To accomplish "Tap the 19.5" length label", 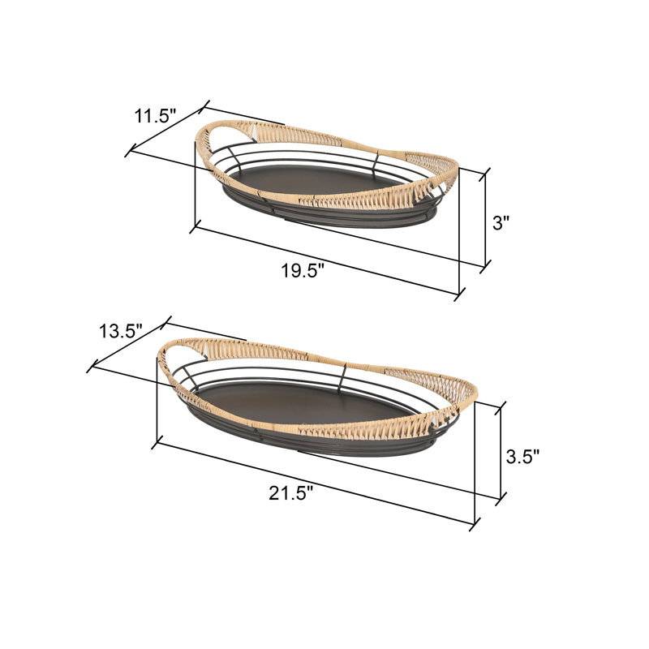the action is [303, 272].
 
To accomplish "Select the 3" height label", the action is [501, 224].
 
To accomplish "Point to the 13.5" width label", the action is [120, 331].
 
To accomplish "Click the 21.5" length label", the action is [291, 493].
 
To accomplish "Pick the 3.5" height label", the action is [522, 457].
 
